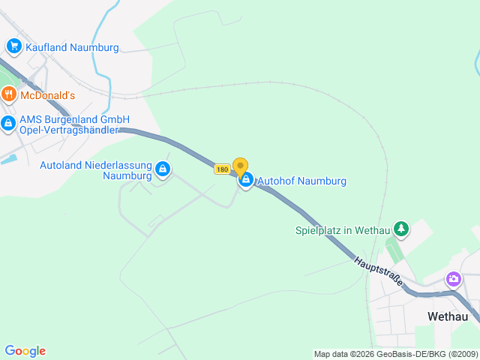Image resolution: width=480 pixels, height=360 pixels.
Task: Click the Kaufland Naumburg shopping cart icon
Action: (x=13, y=47)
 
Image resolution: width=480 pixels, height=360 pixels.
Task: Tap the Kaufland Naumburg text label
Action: (x=72, y=47)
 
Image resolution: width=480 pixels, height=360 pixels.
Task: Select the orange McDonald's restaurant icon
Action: (x=8, y=94)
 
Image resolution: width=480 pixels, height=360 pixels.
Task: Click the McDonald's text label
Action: (x=47, y=95)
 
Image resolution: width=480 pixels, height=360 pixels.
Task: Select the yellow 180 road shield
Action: (x=221, y=169)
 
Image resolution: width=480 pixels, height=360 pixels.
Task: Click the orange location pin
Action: (x=240, y=166)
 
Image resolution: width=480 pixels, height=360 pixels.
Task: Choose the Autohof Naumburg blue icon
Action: (x=245, y=180)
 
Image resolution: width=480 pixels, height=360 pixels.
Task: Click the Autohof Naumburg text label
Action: (x=301, y=181)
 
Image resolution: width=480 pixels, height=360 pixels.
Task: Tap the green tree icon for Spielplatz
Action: (x=402, y=229)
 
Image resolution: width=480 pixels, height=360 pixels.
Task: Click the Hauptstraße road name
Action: (x=379, y=273)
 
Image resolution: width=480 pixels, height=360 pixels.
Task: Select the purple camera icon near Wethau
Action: (x=453, y=280)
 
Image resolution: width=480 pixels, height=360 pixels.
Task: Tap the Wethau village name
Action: (x=448, y=316)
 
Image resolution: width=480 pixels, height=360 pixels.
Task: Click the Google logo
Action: (x=25, y=351)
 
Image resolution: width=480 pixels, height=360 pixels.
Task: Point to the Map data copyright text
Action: (x=395, y=354)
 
